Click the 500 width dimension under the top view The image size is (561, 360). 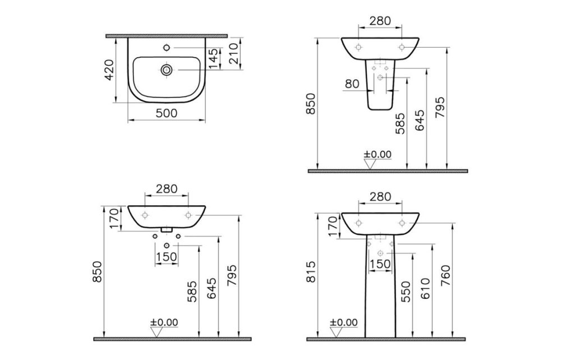click(x=167, y=113)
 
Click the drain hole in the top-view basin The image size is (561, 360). click(x=167, y=70)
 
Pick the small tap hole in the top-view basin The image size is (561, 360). click(x=167, y=44)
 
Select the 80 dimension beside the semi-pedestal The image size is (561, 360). click(x=352, y=84)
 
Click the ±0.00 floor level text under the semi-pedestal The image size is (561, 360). click(x=378, y=154)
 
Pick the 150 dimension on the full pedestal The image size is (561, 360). click(x=380, y=264)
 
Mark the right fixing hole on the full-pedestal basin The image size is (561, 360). click(x=402, y=222)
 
